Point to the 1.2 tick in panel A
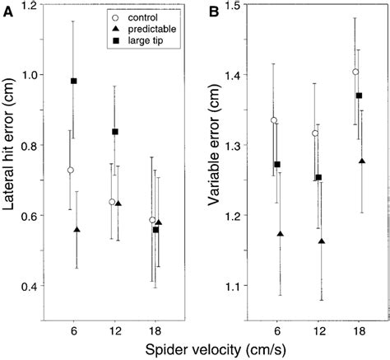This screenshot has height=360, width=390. click(30, 7)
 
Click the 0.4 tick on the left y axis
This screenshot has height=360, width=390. click(30, 286)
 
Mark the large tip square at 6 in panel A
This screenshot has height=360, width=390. click(74, 81)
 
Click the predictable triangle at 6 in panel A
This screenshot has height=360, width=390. click(77, 230)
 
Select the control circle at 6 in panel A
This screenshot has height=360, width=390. click(70, 170)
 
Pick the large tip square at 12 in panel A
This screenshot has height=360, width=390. click(115, 132)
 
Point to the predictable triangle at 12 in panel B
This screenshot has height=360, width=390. click(322, 241)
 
